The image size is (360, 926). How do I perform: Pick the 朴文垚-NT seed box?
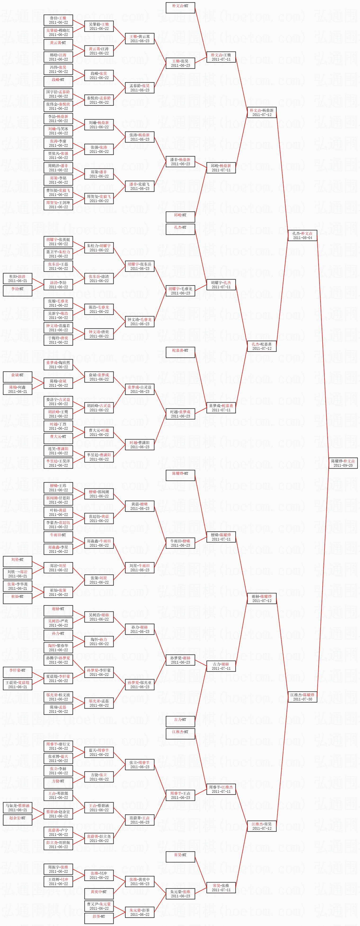(180, 8)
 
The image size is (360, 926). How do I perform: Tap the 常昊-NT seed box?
(180, 857)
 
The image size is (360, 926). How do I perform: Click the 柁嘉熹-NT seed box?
(180, 352)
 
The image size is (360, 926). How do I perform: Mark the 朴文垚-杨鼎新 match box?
(262, 112)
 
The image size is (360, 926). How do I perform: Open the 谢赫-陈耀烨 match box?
(262, 598)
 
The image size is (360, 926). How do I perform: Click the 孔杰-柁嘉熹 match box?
(262, 346)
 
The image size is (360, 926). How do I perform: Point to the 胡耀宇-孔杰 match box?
(221, 285)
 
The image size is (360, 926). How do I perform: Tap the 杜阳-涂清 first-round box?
(17, 279)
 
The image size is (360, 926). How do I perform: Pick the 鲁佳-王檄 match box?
(58, 20)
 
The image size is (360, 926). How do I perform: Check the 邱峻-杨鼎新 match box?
(221, 168)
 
